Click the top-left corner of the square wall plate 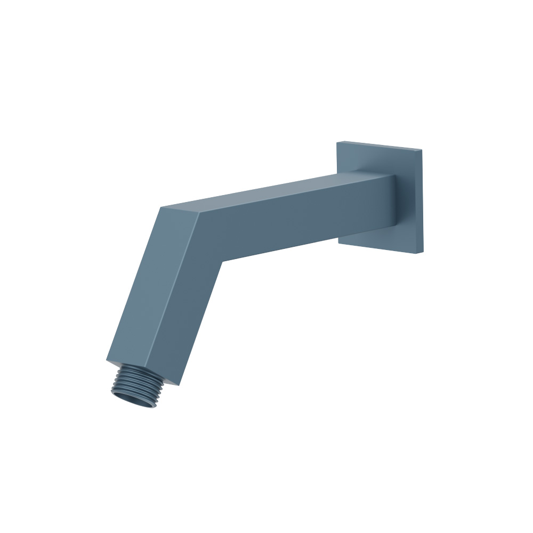tap(337, 142)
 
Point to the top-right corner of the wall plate tap(422, 149)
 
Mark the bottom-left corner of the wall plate tap(338, 243)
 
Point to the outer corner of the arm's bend tap(160, 207)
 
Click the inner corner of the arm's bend tap(222, 261)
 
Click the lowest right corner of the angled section tap(180, 385)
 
